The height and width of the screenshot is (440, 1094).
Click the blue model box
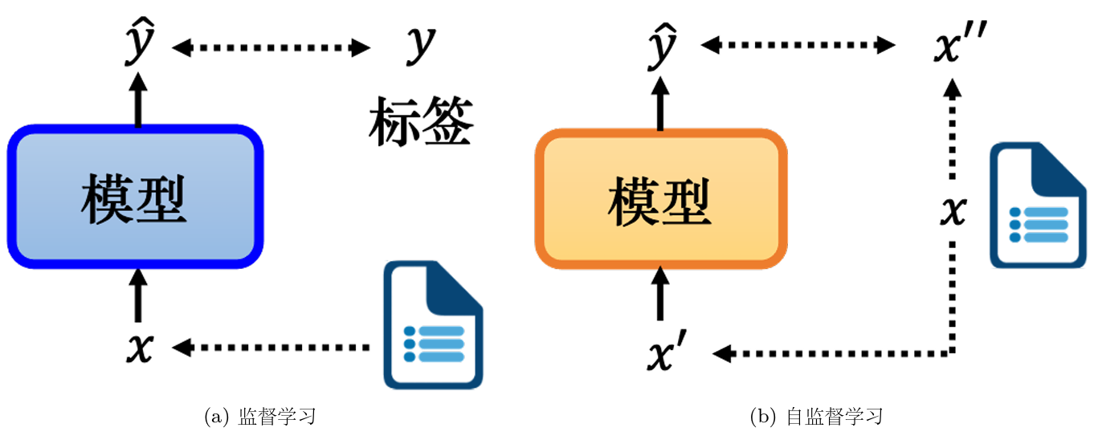135,197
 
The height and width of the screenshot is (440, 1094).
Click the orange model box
661,199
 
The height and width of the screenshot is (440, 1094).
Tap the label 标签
421,121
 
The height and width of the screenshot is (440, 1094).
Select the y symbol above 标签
420,45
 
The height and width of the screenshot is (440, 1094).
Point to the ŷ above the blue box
140,42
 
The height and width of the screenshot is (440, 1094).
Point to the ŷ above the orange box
662,46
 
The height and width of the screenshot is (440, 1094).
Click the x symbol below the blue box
141,348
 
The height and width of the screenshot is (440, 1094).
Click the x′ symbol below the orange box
667,350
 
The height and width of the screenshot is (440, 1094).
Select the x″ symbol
960,42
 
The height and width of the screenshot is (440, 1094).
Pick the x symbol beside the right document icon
953,211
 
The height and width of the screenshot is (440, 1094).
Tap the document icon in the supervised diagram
433,324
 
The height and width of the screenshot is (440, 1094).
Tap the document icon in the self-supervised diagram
1038,205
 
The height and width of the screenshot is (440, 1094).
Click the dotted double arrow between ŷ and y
271,48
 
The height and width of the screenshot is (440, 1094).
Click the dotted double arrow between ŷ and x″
798,45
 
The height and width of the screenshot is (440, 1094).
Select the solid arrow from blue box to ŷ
138,100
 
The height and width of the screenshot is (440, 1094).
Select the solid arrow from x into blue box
138,295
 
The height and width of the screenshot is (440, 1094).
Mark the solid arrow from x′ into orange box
660,293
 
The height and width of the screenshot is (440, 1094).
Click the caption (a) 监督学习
259,417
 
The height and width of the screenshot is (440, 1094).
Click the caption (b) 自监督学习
816,417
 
